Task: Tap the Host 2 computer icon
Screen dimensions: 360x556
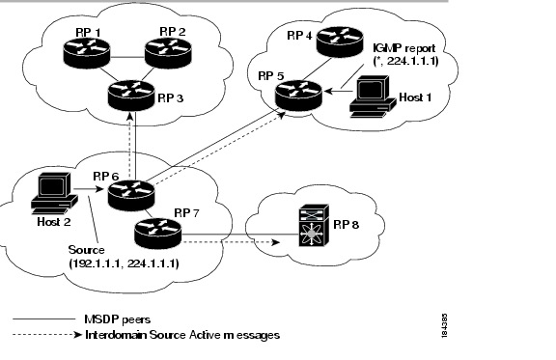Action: point(52,192)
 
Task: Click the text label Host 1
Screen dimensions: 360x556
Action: point(416,97)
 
